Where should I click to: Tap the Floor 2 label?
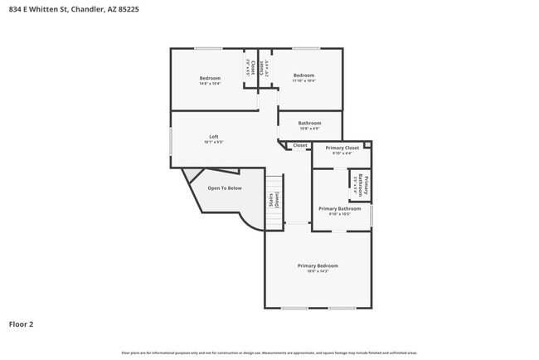point(22,324)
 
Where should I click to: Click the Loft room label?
point(214,136)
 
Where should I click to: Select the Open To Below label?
point(224,188)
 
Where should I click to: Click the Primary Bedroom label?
point(318,265)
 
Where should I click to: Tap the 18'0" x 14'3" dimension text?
point(318,271)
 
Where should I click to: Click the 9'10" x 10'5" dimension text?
point(339,214)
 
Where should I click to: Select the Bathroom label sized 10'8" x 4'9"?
point(309,124)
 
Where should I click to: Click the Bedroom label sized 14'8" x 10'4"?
point(210,78)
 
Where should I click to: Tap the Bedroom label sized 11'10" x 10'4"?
point(303,75)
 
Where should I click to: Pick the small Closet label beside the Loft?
point(300,145)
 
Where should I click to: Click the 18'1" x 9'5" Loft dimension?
point(214,142)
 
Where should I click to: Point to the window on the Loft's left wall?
point(171,140)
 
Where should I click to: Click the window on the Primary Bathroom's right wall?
point(371,215)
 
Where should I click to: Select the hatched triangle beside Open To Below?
point(192,175)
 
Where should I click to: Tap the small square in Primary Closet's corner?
point(367,145)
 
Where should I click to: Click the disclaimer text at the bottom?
point(269,353)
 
